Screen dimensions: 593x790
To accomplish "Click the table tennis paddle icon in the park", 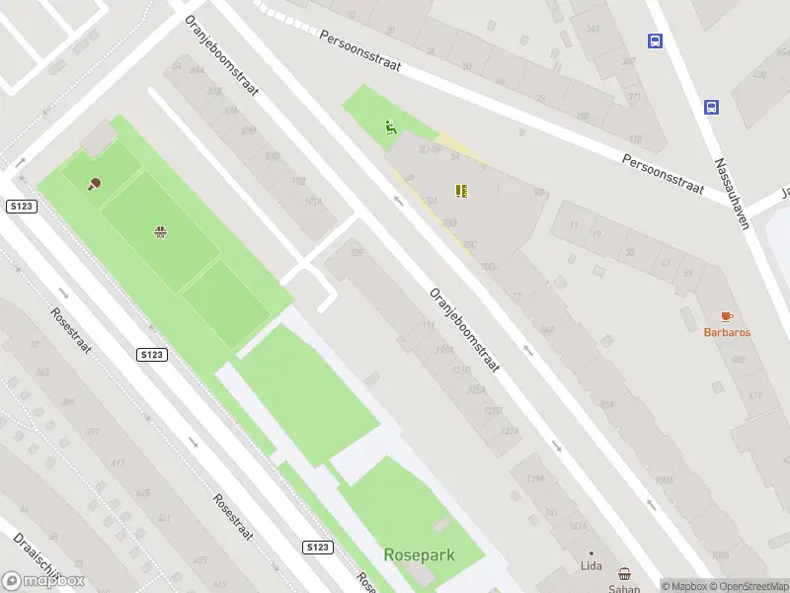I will pyautogui.click(x=96, y=183).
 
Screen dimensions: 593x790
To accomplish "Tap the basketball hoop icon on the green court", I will pyautogui.click(x=159, y=232).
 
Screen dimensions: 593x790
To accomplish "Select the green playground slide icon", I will pyautogui.click(x=391, y=127).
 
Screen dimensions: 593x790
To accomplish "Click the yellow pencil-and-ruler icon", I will pyautogui.click(x=461, y=190).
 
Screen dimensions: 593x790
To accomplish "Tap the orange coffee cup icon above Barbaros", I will pyautogui.click(x=727, y=316).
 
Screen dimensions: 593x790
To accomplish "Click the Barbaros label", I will pyautogui.click(x=727, y=333).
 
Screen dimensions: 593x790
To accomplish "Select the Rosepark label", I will pyautogui.click(x=419, y=554).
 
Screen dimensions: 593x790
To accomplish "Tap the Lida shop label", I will pyautogui.click(x=591, y=566).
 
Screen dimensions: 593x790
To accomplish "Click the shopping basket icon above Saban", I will pyautogui.click(x=624, y=573).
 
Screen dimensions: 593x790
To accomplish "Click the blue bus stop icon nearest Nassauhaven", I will pyautogui.click(x=710, y=107).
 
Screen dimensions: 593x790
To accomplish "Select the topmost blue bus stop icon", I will pyautogui.click(x=654, y=41).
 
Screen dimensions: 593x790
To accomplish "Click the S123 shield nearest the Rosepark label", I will pyautogui.click(x=316, y=547).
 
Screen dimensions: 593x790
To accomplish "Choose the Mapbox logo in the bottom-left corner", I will pyautogui.click(x=43, y=581).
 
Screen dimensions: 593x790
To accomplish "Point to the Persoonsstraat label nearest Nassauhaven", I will pyautogui.click(x=663, y=174).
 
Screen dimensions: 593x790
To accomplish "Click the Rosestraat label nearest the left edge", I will pyautogui.click(x=72, y=331).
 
